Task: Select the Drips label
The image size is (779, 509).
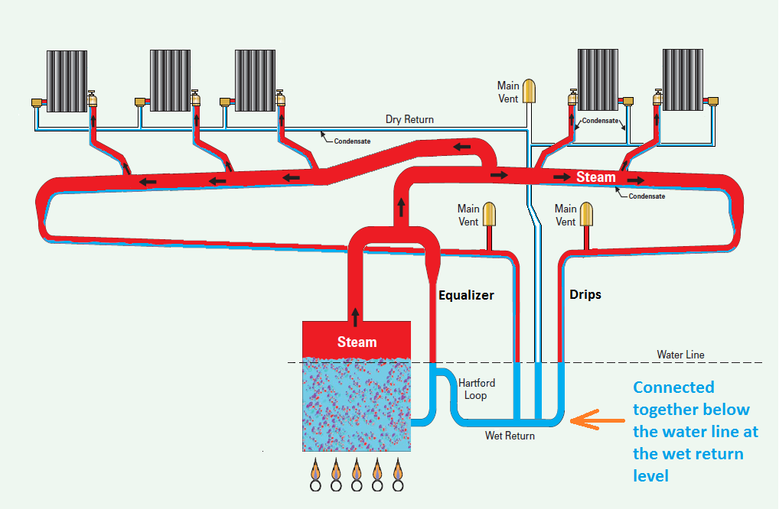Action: tap(585, 294)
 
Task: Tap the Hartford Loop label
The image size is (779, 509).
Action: tap(476, 389)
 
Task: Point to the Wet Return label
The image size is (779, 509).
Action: tap(510, 436)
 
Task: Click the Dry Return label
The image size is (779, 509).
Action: tap(409, 119)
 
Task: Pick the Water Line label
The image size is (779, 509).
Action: tap(680, 355)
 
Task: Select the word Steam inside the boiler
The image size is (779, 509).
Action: tap(357, 342)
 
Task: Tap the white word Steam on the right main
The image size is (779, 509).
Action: tap(595, 177)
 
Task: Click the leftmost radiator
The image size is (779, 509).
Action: tap(67, 81)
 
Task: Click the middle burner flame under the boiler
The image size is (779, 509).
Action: tap(357, 468)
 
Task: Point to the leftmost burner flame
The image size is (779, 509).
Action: tap(315, 468)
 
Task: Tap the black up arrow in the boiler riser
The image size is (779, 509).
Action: tap(355, 314)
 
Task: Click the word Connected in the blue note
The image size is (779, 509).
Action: tap(673, 387)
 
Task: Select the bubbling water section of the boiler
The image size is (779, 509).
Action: tap(357, 405)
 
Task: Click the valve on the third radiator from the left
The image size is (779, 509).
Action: tap(280, 99)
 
